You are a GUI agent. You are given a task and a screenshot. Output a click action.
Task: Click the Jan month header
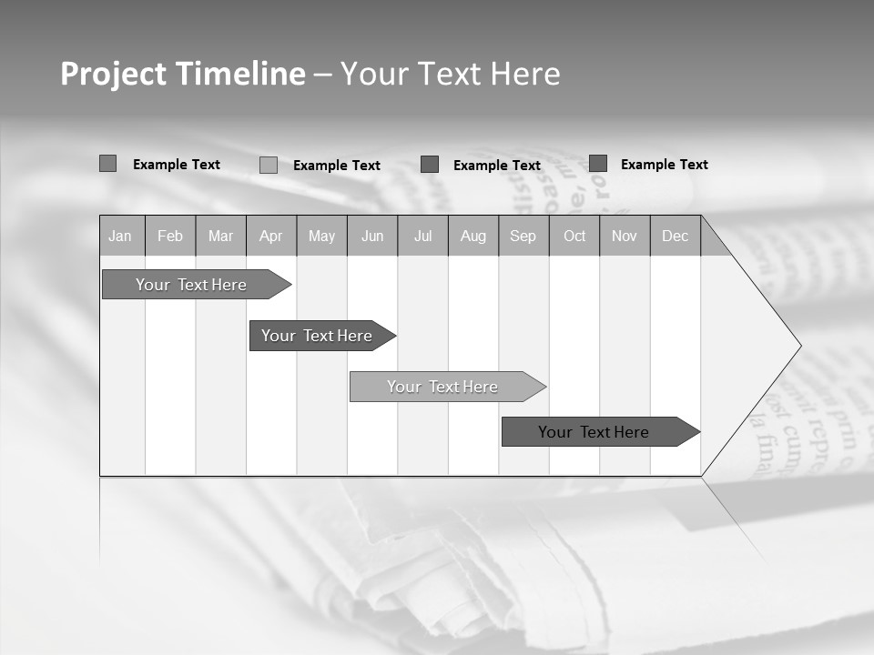click(120, 237)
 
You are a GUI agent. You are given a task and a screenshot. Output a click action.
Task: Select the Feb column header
click(170, 237)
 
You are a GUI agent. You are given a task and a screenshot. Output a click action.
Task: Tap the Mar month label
click(220, 237)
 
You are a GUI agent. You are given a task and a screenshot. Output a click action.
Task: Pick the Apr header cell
click(271, 237)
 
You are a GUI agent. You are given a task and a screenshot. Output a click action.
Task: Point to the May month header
click(321, 237)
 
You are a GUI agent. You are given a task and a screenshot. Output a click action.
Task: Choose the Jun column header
click(372, 237)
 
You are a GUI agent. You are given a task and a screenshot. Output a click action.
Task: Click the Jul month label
click(422, 237)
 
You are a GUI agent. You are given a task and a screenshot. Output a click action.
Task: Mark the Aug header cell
click(473, 237)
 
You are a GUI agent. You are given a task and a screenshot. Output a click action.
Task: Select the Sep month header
click(523, 237)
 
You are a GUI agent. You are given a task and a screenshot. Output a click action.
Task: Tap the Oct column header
click(574, 237)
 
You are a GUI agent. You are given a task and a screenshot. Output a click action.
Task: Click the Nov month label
click(625, 237)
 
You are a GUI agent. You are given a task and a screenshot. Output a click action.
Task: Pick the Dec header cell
click(676, 237)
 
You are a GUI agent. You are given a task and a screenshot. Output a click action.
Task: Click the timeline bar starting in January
click(191, 285)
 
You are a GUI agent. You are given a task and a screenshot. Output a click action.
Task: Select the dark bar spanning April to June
click(317, 336)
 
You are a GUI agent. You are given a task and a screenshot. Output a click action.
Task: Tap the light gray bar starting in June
click(442, 387)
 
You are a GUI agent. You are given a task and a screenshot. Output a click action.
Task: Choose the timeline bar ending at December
click(594, 432)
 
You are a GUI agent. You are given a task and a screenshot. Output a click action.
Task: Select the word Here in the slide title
click(525, 74)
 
